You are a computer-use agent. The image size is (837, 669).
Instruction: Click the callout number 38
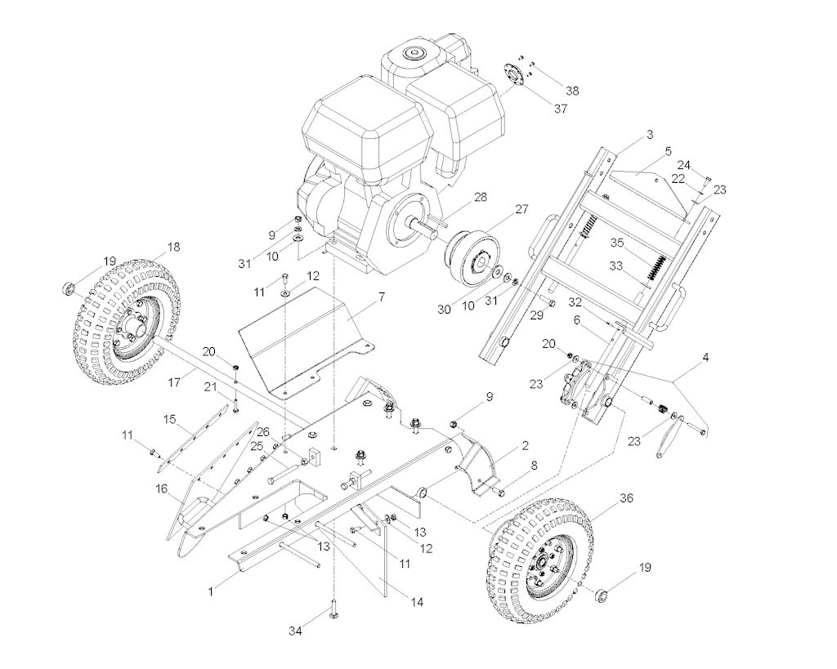point(571,91)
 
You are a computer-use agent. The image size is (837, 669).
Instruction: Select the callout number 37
point(561,109)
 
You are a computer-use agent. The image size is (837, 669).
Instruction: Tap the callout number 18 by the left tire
point(173,247)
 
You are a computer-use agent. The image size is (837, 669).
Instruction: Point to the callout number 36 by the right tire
point(626,497)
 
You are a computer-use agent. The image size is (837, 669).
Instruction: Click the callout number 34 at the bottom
point(296,631)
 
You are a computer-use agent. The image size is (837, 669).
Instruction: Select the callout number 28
point(481,198)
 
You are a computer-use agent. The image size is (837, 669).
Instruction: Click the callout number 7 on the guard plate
point(382,297)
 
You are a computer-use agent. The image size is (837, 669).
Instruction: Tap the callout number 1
point(211,591)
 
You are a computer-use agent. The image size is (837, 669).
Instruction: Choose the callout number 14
point(417,602)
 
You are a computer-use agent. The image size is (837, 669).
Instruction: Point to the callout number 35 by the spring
point(617,243)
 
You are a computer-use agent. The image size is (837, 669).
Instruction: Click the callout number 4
point(705,358)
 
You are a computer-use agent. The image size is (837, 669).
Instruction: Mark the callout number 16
point(161,488)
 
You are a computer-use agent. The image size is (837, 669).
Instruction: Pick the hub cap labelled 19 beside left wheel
point(68,288)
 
